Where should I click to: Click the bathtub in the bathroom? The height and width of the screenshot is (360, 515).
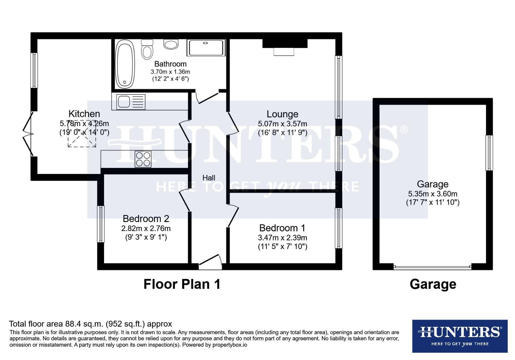coord(125,63)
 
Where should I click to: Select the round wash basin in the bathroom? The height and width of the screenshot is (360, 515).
coord(171,44)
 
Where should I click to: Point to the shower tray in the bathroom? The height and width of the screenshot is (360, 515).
coord(206,47)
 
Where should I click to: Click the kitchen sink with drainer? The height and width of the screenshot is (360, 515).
coord(131,102)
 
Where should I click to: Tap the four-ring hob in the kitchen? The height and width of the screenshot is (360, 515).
coord(143,159)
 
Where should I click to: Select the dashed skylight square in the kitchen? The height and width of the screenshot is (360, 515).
coord(82,134)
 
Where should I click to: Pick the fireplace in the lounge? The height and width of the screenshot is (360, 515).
coord(284,47)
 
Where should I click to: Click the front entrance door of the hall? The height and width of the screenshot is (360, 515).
coord(210,262)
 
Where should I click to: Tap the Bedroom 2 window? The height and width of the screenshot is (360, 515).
coord(101,224)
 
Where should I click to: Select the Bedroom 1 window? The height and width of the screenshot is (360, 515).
coord(339,228)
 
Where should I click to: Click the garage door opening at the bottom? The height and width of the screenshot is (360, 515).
coord(432,267)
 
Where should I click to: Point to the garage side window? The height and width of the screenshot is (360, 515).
coord(489,153)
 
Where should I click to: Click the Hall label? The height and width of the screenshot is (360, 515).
coord(209,178)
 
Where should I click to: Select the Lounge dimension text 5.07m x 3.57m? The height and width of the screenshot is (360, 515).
coord(282,124)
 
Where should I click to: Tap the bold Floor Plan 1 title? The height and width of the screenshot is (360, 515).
coord(182,284)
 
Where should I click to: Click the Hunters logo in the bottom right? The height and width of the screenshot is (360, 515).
coord(460,336)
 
